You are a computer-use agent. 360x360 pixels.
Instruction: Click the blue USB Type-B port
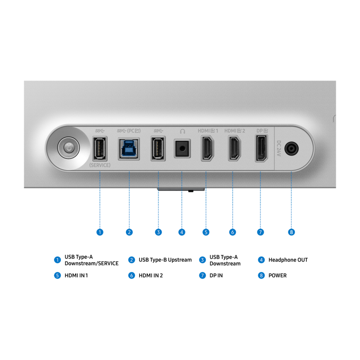pyautogui.click(x=129, y=149)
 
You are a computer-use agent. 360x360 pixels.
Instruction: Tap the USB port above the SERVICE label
pyautogui.click(x=99, y=149)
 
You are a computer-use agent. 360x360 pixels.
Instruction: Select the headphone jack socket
pyautogui.click(x=182, y=148)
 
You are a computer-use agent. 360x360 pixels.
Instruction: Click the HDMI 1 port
pyautogui.click(x=207, y=148)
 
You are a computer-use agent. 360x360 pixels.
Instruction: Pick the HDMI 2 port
pyautogui.click(x=234, y=148)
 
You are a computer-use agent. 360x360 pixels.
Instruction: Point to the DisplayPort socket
pyautogui.click(x=261, y=148)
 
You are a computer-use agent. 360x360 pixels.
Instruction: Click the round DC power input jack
pyautogui.click(x=291, y=148)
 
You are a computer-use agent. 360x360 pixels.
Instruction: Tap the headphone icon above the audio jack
pyautogui.click(x=182, y=131)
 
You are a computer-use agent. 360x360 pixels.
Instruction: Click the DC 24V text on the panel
pyautogui.click(x=279, y=148)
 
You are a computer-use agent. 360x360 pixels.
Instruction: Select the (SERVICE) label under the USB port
pyautogui.click(x=100, y=165)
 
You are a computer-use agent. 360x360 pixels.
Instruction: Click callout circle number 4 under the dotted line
pyautogui.click(x=182, y=232)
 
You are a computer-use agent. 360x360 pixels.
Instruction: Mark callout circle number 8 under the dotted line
pyautogui.click(x=291, y=232)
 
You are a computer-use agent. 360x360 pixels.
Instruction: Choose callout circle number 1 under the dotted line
pyautogui.click(x=100, y=232)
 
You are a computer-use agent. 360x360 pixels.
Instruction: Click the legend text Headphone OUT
pyautogui.click(x=288, y=260)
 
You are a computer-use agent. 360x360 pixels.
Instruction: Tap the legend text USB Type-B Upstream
pyautogui.click(x=165, y=260)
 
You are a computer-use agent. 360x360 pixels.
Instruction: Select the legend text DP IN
pyautogui.click(x=216, y=275)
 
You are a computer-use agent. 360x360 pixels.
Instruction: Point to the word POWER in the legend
pyautogui.click(x=278, y=275)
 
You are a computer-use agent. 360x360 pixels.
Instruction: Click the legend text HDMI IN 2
pyautogui.click(x=151, y=275)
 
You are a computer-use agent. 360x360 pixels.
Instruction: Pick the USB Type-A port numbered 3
pyautogui.click(x=158, y=149)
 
